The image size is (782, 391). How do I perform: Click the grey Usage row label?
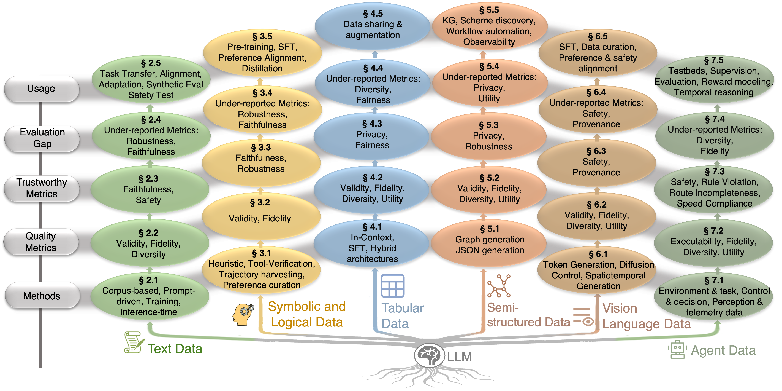[42, 89]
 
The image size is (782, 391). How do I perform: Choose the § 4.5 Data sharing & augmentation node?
[373, 26]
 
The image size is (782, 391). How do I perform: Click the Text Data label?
[175, 349]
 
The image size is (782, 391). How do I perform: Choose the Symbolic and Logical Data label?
[307, 314]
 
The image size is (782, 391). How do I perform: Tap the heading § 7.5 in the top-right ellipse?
[714, 60]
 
